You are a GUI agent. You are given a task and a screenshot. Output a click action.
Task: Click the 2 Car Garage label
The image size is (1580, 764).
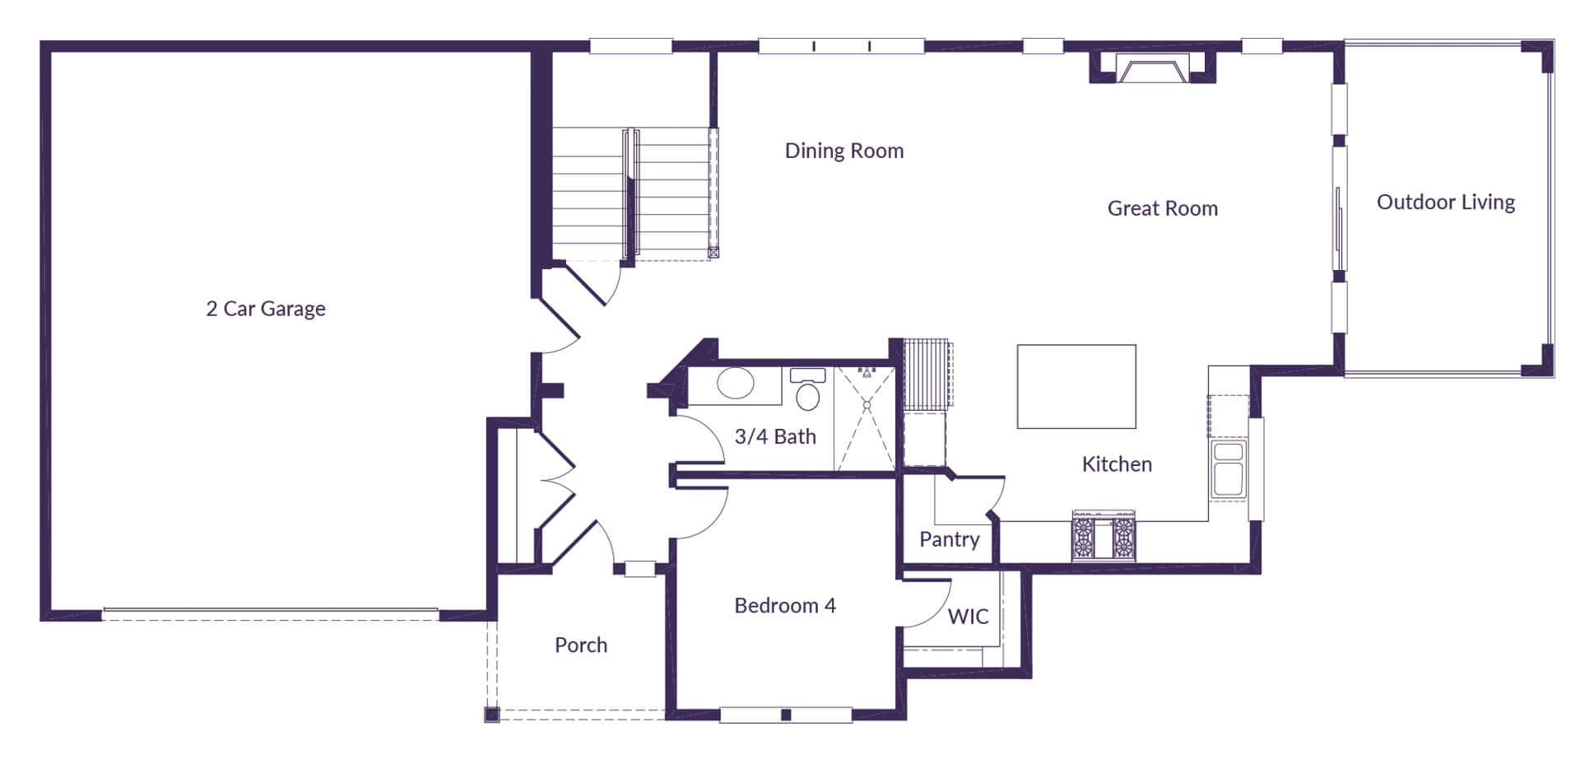tap(266, 309)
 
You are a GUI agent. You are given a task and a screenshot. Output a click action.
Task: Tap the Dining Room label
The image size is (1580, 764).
tap(843, 151)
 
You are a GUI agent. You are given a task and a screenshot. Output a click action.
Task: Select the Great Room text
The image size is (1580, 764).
tap(1162, 208)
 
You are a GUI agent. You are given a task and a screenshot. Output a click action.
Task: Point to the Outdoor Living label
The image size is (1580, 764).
tap(1445, 202)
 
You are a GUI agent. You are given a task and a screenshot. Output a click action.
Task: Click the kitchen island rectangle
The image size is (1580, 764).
tap(1076, 386)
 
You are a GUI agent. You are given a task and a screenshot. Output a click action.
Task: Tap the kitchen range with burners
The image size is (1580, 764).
tap(1103, 536)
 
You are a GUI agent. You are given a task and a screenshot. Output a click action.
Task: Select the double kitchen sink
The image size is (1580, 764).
tap(1228, 469)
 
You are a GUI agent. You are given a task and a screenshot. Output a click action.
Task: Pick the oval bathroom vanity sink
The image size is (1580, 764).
tap(735, 384)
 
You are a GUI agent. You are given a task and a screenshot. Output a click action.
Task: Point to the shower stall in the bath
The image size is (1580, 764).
tap(865, 419)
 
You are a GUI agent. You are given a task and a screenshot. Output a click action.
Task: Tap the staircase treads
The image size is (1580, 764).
tap(630, 193)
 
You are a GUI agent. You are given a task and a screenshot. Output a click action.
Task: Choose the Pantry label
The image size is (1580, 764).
tap(949, 539)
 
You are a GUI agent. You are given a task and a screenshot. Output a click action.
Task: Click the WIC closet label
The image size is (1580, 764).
tap(968, 617)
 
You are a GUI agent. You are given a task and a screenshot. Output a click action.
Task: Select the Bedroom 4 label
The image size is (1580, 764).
tap(784, 606)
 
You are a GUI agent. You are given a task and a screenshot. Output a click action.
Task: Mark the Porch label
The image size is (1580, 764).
tap(580, 645)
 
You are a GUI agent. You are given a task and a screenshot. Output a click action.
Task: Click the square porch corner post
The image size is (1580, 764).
tap(491, 714)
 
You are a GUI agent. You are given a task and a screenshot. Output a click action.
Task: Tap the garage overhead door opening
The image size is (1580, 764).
tap(270, 613)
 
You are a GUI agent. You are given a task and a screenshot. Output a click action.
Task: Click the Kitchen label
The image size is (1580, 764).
tap(1116, 464)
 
